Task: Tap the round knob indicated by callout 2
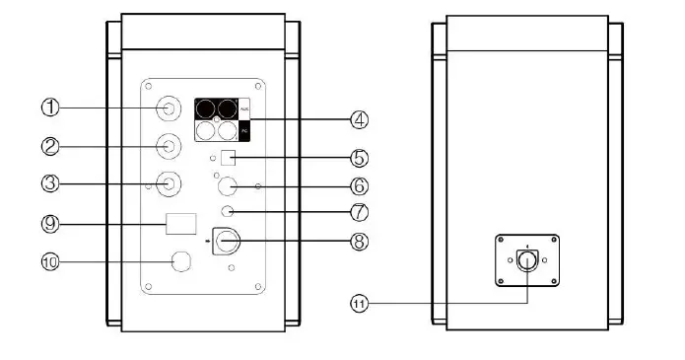pos(171,147)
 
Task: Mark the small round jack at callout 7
pos(228,211)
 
